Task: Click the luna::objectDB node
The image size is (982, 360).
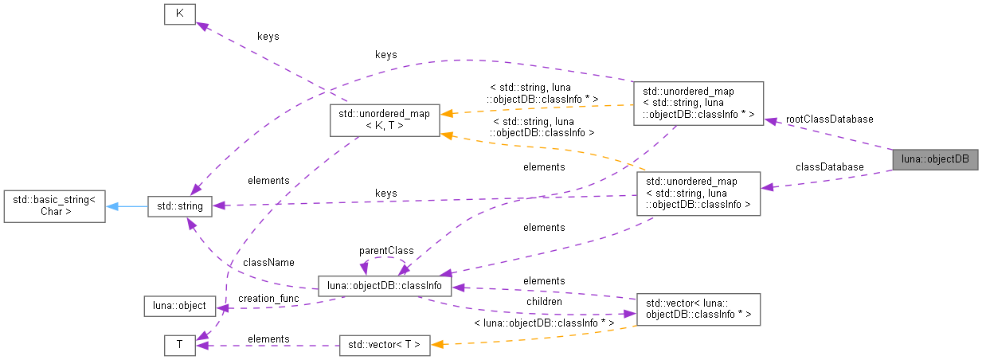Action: click(x=934, y=159)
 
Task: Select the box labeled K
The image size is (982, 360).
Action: click(x=179, y=15)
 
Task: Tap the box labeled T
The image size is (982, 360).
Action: click(x=179, y=345)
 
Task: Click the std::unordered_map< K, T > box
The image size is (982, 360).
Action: click(x=383, y=119)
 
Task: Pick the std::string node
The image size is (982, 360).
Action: click(x=179, y=206)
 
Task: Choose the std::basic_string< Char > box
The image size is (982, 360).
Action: click(x=54, y=206)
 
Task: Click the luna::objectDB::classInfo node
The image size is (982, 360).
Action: click(x=385, y=286)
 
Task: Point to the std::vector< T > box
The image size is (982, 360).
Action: click(x=385, y=345)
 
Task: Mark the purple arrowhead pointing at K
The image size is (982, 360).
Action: click(x=202, y=26)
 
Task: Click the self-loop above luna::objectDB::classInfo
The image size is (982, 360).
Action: click(x=385, y=259)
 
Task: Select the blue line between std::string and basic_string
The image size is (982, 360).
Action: click(x=131, y=206)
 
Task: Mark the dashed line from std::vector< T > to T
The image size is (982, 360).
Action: click(x=271, y=346)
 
